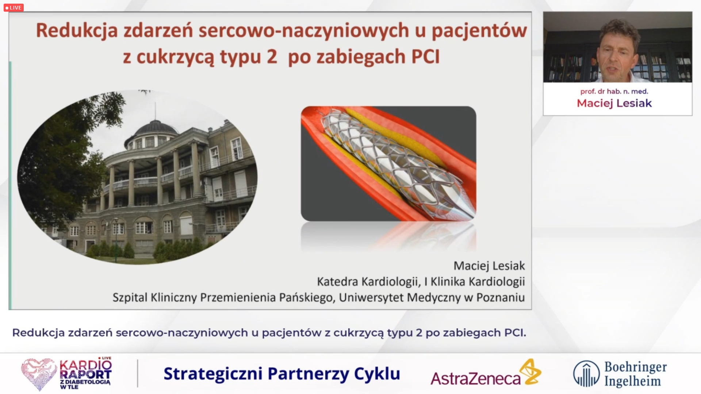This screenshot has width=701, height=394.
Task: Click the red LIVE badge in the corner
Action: [x=14, y=7]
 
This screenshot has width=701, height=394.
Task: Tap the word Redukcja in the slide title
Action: [x=77, y=31]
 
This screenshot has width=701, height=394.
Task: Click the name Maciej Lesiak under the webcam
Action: [x=614, y=103]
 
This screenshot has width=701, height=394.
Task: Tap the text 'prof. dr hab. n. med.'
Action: [x=614, y=91]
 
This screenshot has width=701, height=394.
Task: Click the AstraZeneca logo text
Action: [x=475, y=379]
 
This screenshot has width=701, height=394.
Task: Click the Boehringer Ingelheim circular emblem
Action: [x=586, y=374]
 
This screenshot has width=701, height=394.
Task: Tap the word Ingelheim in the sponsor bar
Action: [x=632, y=381]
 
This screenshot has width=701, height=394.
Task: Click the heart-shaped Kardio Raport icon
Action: [x=39, y=373]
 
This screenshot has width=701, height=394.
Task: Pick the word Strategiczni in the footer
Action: [x=213, y=374]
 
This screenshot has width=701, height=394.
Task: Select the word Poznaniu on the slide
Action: [x=500, y=298]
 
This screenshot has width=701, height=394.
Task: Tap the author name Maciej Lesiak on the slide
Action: [x=489, y=266]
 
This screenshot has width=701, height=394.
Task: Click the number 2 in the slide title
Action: [x=271, y=57]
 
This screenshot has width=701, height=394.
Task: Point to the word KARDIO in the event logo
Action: [x=85, y=365]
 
